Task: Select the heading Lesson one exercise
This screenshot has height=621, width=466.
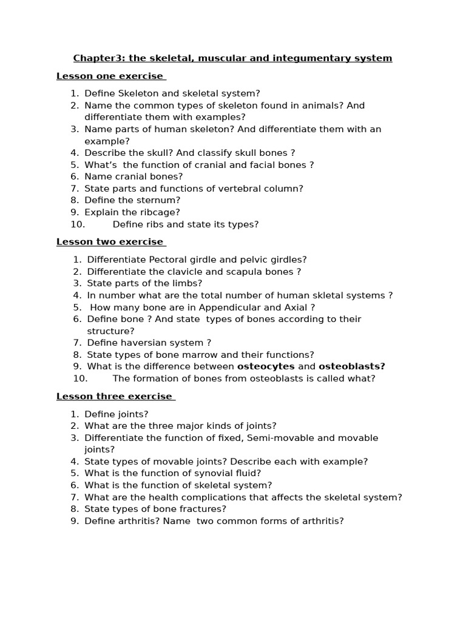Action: pyautogui.click(x=110, y=76)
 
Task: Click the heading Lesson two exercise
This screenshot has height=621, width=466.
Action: pyautogui.click(x=110, y=241)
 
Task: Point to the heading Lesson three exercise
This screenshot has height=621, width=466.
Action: pyautogui.click(x=115, y=396)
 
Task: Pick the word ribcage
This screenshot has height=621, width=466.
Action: pyautogui.click(x=159, y=212)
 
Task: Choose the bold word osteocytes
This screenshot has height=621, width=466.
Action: pyautogui.click(x=266, y=366)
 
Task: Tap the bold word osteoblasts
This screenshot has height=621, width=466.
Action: pyautogui.click(x=352, y=366)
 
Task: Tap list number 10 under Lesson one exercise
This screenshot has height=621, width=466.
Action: pyautogui.click(x=79, y=224)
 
